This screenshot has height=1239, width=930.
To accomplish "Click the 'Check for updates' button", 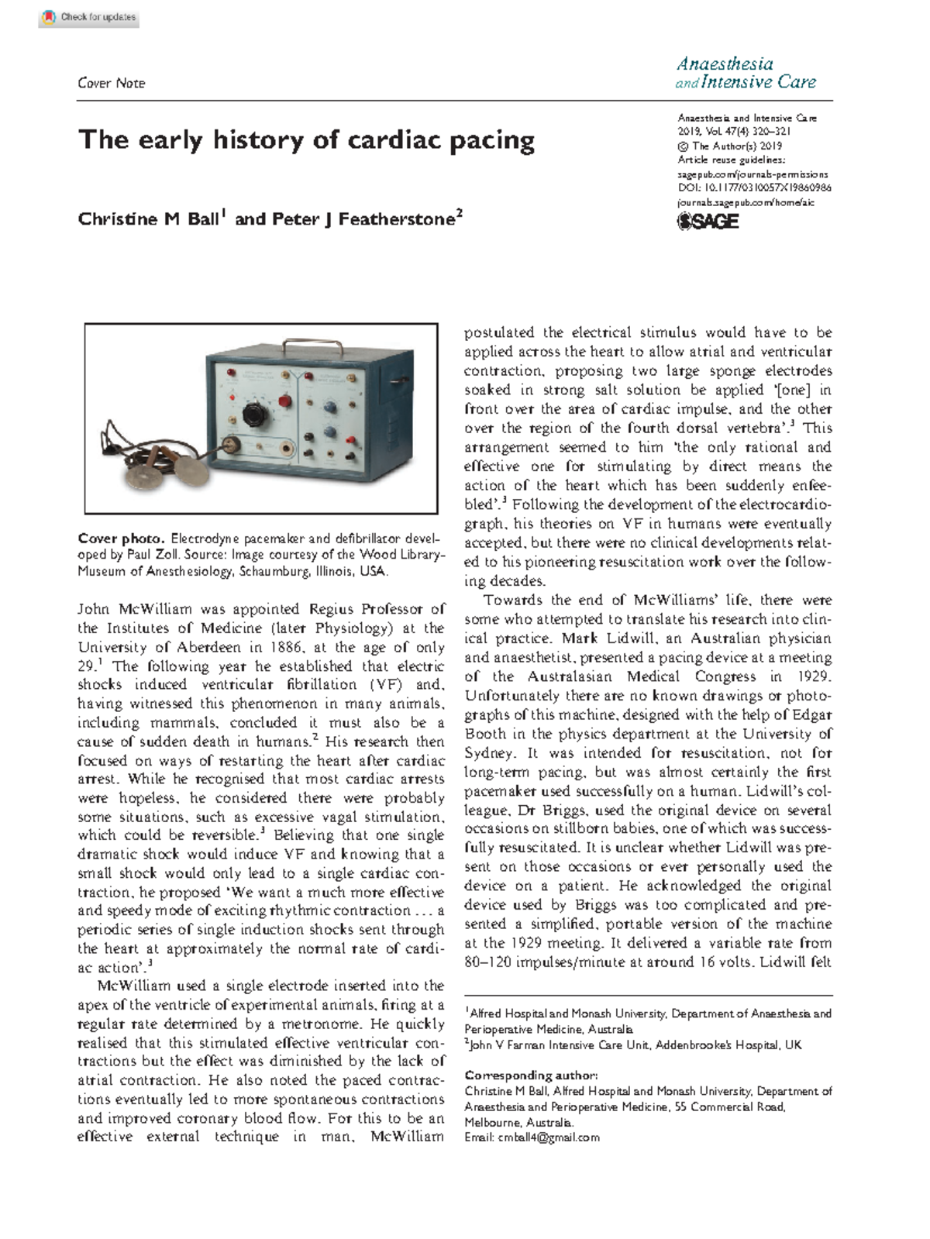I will click(88, 17).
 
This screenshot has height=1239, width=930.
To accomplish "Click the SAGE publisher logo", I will click(708, 222).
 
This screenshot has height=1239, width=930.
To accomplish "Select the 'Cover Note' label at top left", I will click(111, 83).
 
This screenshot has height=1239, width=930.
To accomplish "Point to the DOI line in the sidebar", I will click(754, 188).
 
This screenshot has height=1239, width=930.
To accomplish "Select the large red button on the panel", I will click(284, 402).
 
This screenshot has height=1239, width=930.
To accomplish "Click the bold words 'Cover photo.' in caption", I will click(121, 539).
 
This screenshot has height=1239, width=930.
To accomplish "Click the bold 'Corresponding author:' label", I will click(531, 1076).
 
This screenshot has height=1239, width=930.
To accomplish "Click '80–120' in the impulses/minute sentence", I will click(489, 962).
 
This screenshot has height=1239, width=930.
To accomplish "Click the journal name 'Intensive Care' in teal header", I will click(758, 82).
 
